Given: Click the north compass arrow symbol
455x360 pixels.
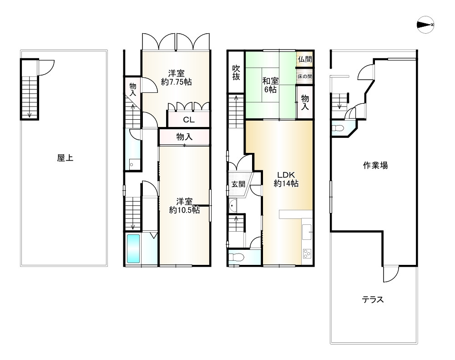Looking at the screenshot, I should coord(425,25).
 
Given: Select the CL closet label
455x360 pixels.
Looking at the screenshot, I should coord(189,120).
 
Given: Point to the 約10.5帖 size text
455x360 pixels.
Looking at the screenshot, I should coord(184,210).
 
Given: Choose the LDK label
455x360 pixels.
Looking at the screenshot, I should coord(287,175).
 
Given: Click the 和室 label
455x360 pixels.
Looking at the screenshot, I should coord(270,81).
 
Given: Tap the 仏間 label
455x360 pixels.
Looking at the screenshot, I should coord(305,59).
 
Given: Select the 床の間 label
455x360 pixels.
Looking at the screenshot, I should coord(305,76).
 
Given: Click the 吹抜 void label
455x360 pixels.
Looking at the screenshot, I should coord(236,73).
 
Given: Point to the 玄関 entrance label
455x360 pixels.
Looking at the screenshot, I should coord(238,184).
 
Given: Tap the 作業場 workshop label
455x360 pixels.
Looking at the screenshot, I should coord(375,165).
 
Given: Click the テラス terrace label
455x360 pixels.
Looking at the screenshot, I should coord(373,299).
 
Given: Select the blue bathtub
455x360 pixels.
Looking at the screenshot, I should coord(133,248).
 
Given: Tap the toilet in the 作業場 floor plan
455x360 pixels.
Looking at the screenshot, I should coord(338,128).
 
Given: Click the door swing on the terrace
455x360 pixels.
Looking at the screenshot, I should coord(390,274).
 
